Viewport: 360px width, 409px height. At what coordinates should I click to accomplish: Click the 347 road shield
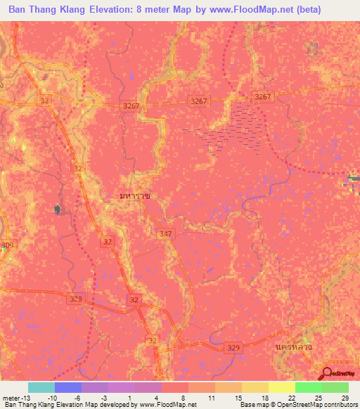(166, 233)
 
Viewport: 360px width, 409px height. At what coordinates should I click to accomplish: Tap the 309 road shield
(7, 245)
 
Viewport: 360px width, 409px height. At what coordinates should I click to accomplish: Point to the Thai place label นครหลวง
(290, 348)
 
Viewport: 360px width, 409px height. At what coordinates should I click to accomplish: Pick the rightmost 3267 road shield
(262, 96)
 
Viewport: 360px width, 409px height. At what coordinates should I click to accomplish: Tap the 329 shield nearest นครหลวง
(234, 347)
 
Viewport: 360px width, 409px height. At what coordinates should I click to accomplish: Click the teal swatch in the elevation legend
(41, 387)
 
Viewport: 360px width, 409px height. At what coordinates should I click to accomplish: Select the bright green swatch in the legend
(309, 387)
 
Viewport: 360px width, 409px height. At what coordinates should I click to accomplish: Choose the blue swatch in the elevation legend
(68, 387)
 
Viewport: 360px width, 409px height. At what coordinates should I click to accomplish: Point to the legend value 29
(345, 398)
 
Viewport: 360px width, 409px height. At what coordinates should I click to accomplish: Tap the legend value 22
(291, 398)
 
